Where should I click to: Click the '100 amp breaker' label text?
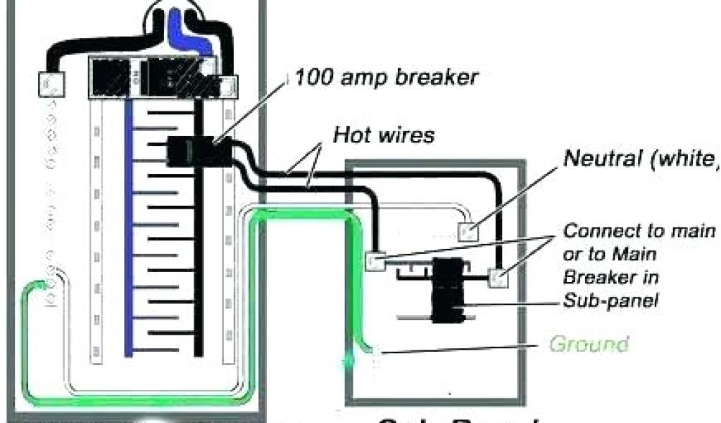click(385, 77)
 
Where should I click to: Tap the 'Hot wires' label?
click(384, 134)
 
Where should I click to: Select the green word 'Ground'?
click(588, 345)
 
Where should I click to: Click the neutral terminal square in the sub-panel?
click(468, 229)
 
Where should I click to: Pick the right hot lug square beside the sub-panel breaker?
click(499, 278)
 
